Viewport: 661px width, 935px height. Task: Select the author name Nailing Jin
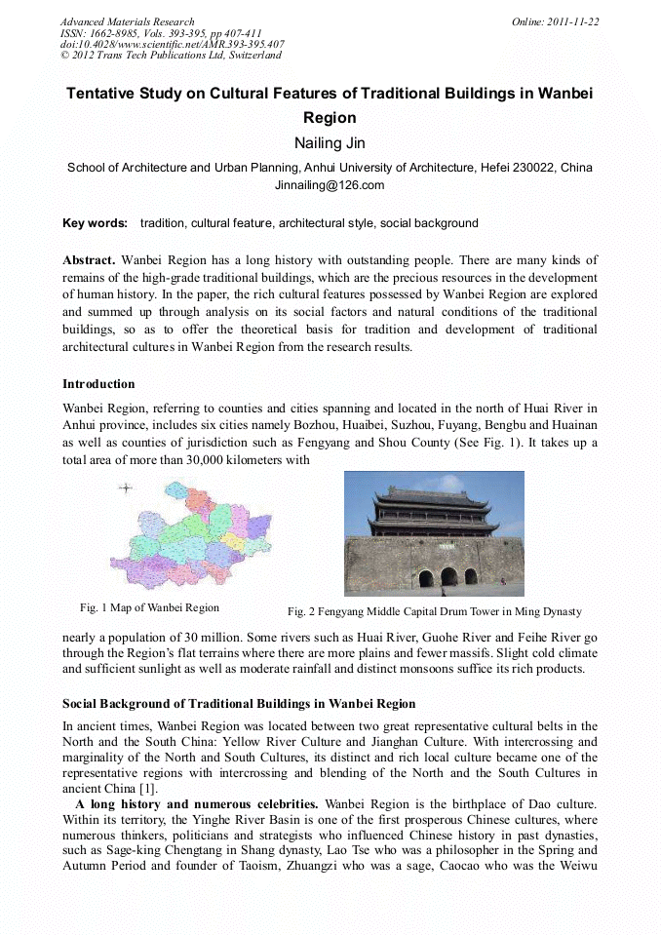click(x=330, y=143)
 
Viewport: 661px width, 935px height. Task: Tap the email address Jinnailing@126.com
click(x=330, y=185)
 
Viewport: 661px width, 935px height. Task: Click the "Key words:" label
click(x=95, y=223)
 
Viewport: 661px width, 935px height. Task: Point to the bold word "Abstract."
click(x=89, y=260)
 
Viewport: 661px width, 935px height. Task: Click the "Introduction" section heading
click(x=98, y=384)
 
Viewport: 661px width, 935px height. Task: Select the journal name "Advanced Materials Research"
click(x=127, y=21)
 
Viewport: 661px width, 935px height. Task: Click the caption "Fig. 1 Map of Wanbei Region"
click(x=149, y=607)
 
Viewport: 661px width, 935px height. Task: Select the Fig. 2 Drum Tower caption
click(x=434, y=611)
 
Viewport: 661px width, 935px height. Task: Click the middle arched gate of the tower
click(x=448, y=577)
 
